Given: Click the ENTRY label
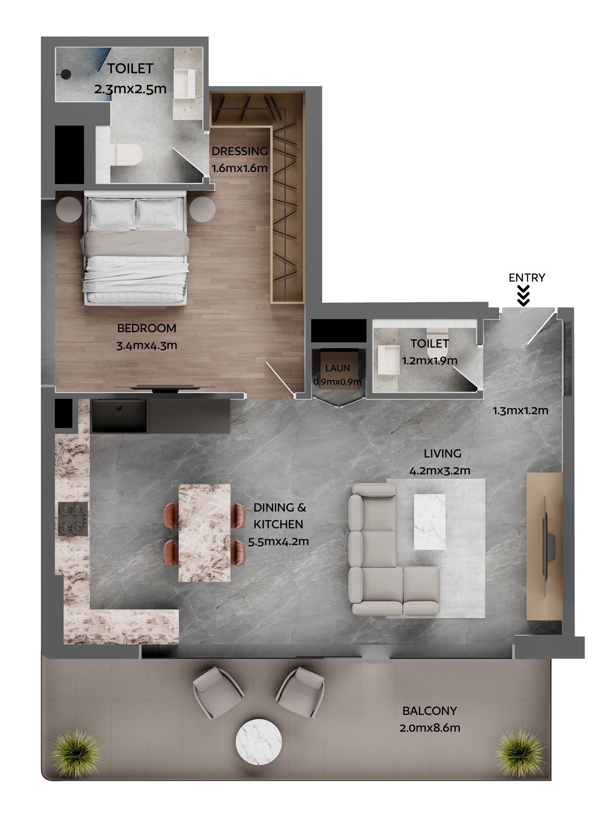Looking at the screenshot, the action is point(527,277).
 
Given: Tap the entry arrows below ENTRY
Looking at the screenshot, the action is point(524,296).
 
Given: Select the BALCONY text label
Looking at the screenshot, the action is point(429,711).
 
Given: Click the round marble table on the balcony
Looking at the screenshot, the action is point(259,742).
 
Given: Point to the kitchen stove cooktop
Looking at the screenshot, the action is point(73,519).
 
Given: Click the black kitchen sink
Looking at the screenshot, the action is point(120,416).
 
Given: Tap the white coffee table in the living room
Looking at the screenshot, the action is point(429,522).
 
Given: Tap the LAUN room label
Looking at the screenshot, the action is point(338,368).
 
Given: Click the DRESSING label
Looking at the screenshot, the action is point(240,151).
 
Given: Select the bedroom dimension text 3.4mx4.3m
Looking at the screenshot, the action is point(146,345).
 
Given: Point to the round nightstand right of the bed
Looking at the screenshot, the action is point(202,209).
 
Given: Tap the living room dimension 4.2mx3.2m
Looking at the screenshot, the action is point(440,471).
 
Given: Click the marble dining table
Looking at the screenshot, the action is point(204,533).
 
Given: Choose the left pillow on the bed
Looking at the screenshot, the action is point(112,213).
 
